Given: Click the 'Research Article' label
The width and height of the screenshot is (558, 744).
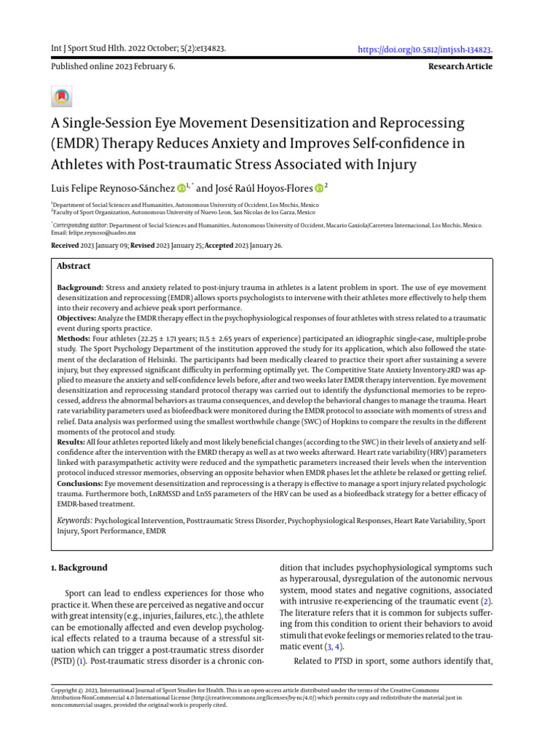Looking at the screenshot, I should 461,66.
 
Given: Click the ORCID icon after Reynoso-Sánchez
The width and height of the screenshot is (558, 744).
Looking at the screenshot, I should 181,189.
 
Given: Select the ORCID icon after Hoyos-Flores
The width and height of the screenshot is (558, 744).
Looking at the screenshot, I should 318,189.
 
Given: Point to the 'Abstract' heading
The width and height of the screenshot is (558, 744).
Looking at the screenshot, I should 73,267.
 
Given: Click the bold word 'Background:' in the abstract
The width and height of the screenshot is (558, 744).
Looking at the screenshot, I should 81,288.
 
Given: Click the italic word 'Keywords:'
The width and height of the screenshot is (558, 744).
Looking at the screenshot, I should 75,520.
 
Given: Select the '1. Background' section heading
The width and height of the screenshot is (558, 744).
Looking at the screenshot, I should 79,567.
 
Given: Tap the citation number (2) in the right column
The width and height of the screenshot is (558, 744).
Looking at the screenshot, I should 487,602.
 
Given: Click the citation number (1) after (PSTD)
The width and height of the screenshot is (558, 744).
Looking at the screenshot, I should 81,662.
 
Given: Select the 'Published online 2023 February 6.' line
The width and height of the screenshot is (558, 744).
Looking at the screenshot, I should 113,66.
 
